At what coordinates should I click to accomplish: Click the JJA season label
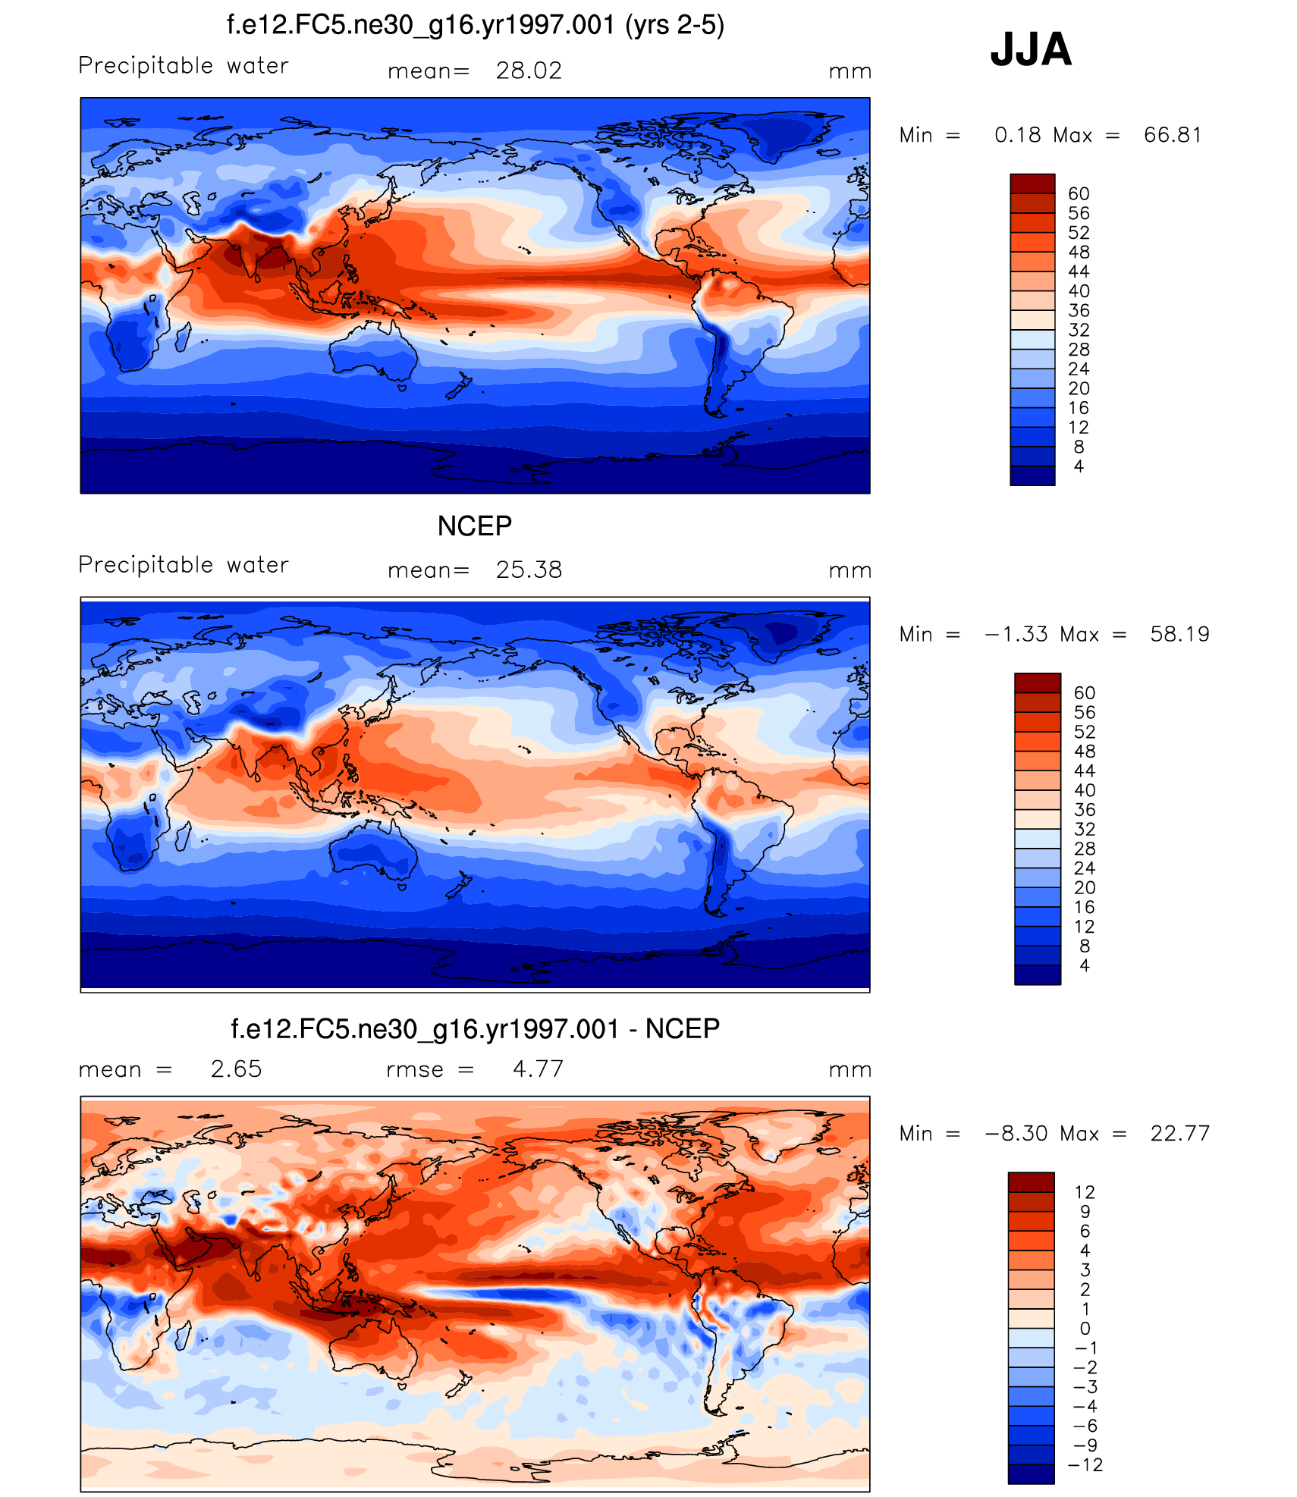1031,50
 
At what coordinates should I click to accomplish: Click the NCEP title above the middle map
475,526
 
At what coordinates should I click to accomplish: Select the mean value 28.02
529,71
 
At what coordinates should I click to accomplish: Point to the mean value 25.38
529,570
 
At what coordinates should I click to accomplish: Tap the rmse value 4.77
538,1069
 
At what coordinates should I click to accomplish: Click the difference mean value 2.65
236,1069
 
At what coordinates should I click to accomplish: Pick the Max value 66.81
1173,135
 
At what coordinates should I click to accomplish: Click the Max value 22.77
1179,1133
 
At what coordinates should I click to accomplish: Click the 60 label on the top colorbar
1079,194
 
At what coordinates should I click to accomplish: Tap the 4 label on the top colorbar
1079,466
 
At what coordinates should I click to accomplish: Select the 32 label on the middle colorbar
1085,829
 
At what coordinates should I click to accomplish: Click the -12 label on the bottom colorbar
1085,1464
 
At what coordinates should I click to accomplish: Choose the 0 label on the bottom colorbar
1085,1328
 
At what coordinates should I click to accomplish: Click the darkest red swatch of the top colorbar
1032,184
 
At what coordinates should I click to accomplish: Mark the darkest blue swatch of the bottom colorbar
1031,1473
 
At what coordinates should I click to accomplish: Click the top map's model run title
475,25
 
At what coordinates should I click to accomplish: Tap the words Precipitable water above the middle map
184,565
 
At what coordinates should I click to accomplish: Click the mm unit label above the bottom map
849,1070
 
